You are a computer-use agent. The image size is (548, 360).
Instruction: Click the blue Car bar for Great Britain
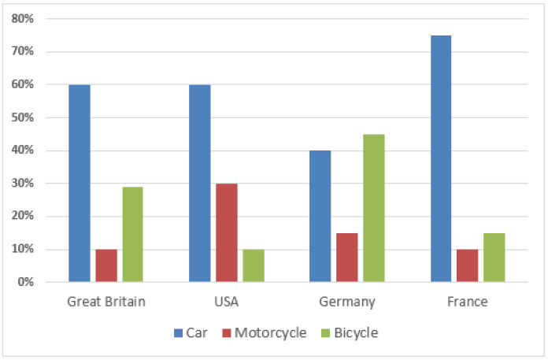pyautogui.click(x=80, y=183)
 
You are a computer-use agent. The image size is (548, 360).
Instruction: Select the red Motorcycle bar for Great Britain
pyautogui.click(x=106, y=265)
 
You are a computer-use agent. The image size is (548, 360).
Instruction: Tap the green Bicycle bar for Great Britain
pyautogui.click(x=133, y=234)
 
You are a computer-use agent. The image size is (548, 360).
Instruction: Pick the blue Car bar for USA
pyautogui.click(x=200, y=183)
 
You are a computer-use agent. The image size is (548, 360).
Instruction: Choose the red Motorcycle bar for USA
pyautogui.click(x=227, y=232)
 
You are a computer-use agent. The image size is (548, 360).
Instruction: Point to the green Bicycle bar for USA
pyautogui.click(x=254, y=265)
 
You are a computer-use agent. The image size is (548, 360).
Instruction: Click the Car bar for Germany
pyautogui.click(x=320, y=216)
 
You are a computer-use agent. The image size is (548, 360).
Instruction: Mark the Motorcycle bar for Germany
pyautogui.click(x=347, y=257)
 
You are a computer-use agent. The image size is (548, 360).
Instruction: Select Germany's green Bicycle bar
pyautogui.click(x=374, y=208)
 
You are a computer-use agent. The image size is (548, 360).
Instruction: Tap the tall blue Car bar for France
pyautogui.click(x=441, y=158)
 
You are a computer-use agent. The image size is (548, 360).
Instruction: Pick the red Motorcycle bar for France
pyautogui.click(x=468, y=265)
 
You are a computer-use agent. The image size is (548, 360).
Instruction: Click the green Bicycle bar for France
pyautogui.click(x=494, y=257)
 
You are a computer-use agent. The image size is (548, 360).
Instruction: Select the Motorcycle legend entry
pyautogui.click(x=264, y=333)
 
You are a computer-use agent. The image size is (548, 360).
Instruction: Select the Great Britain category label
pyautogui.click(x=106, y=302)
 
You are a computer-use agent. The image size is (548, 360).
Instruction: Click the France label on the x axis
pyautogui.click(x=468, y=302)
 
